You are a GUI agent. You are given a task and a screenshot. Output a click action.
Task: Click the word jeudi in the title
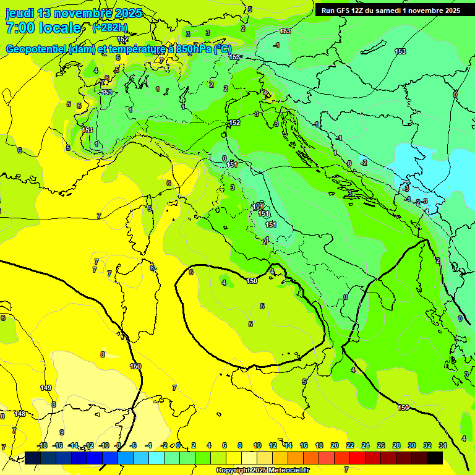20,13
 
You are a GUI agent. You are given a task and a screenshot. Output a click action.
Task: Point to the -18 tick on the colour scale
42,445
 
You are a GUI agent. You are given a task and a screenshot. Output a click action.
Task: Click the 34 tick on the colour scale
443,445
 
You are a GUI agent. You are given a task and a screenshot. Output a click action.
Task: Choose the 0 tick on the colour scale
178,445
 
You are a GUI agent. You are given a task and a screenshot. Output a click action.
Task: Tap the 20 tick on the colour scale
335,445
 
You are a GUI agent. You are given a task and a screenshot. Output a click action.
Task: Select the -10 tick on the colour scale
103,445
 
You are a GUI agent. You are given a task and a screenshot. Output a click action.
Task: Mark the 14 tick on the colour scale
288,445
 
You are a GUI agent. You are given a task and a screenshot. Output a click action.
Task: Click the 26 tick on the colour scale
381,445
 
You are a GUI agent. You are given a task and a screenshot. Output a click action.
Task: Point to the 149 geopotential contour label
46,388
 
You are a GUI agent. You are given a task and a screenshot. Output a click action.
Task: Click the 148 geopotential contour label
20,414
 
